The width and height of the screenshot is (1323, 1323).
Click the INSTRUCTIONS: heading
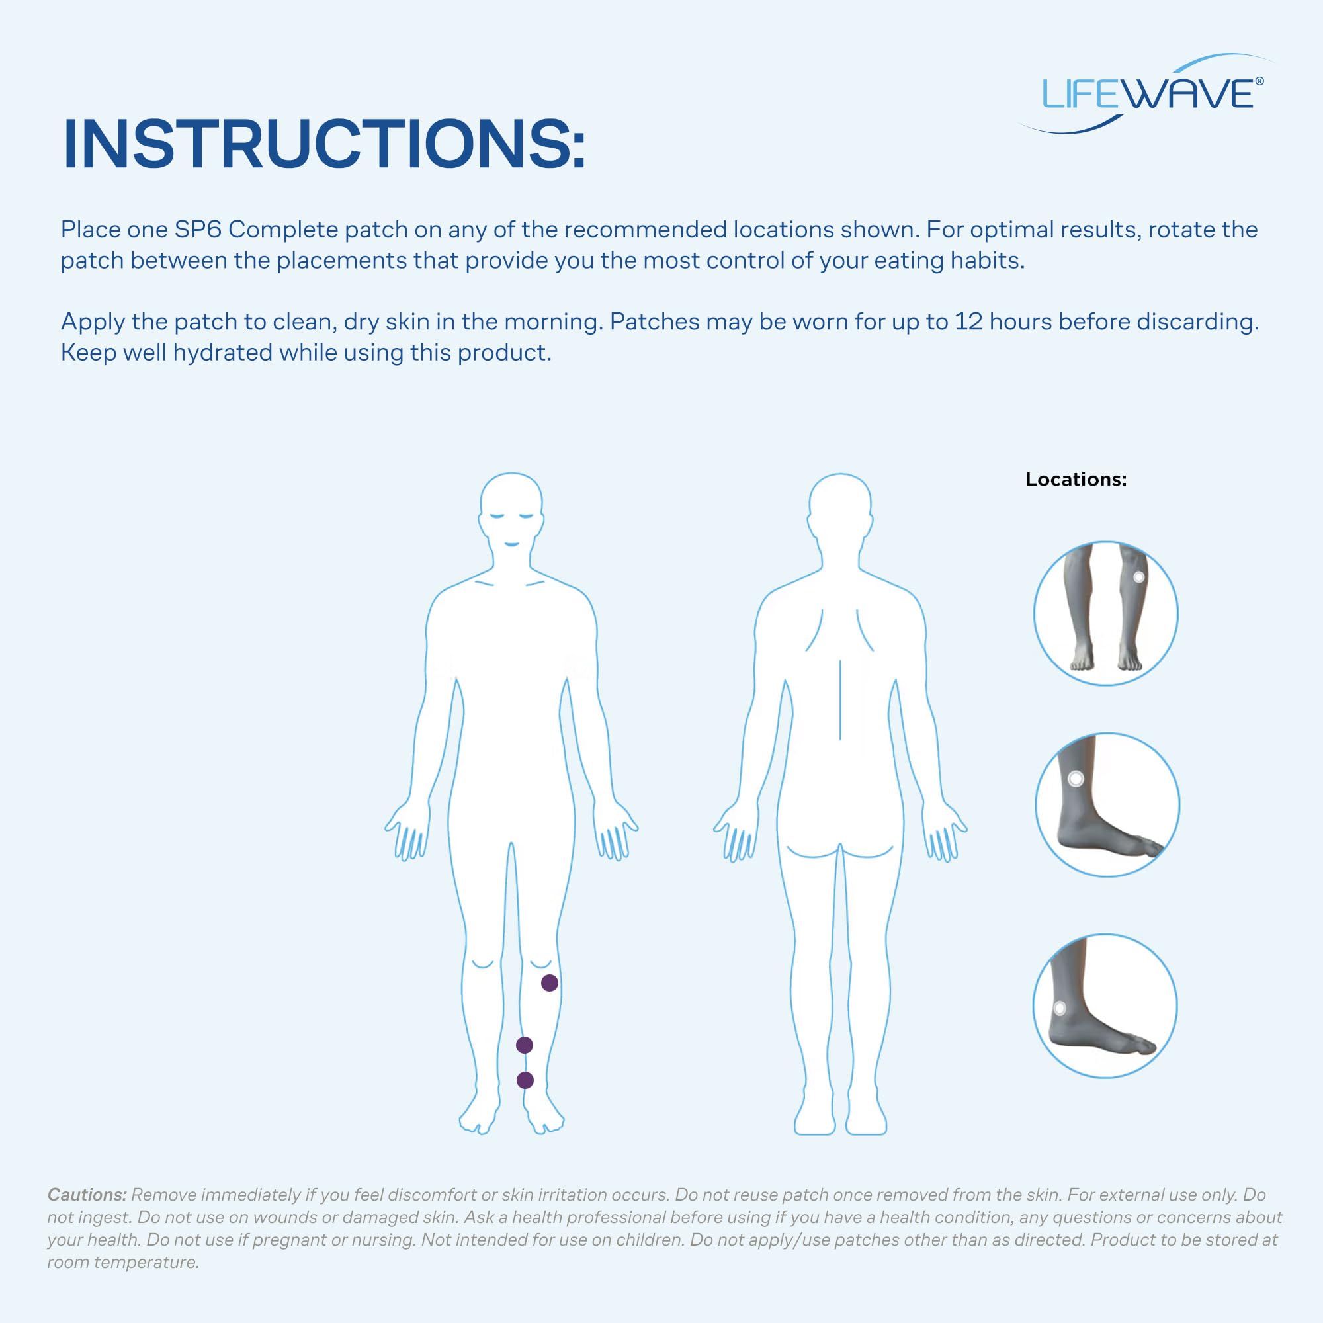pos(324,145)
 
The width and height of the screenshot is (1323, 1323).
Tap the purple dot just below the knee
pos(549,983)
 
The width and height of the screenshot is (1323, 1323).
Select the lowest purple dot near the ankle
pos(525,1080)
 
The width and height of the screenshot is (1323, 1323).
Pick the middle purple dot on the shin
pos(524,1045)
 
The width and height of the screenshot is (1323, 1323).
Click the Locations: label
pos(1076,480)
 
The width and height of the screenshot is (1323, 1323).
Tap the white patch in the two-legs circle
pos(1139,577)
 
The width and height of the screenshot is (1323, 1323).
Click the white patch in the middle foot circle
pos(1076,779)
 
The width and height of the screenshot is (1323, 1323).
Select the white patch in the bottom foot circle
pos(1059,1008)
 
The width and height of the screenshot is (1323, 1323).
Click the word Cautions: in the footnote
pos(87,1195)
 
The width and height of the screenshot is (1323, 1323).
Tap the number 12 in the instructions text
pos(969,321)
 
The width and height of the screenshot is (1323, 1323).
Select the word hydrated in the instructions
pos(222,353)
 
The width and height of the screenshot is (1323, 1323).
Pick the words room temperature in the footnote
pos(123,1263)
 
